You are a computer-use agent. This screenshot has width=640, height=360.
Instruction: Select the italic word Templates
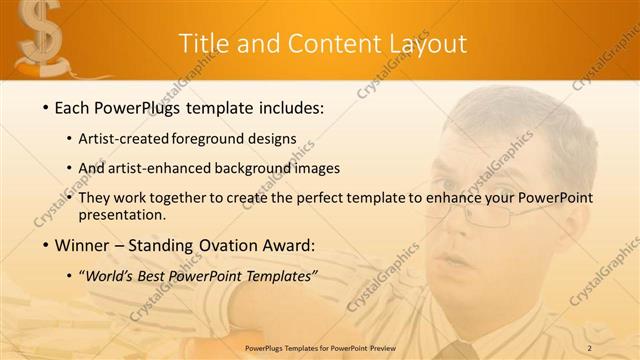pyautogui.click(x=283, y=276)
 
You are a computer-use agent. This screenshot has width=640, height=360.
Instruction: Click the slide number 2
pyautogui.click(x=590, y=348)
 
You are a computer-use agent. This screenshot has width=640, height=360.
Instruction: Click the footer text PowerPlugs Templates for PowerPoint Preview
pyautogui.click(x=319, y=348)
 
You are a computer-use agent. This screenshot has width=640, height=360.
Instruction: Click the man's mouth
pyautogui.click(x=456, y=262)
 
